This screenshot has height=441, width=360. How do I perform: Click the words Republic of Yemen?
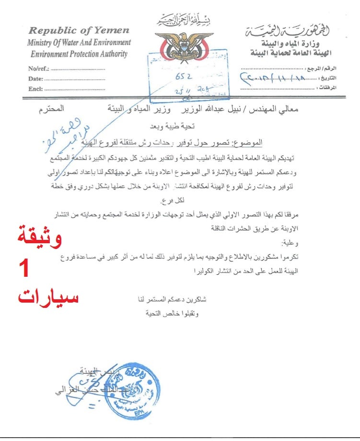[78, 30]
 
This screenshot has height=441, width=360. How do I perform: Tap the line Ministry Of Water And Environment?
[79, 42]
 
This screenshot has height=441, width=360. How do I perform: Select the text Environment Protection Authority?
[79, 54]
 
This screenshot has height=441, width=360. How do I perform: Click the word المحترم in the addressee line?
[51, 110]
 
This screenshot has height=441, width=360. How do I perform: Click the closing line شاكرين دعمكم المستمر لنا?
[169, 299]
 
